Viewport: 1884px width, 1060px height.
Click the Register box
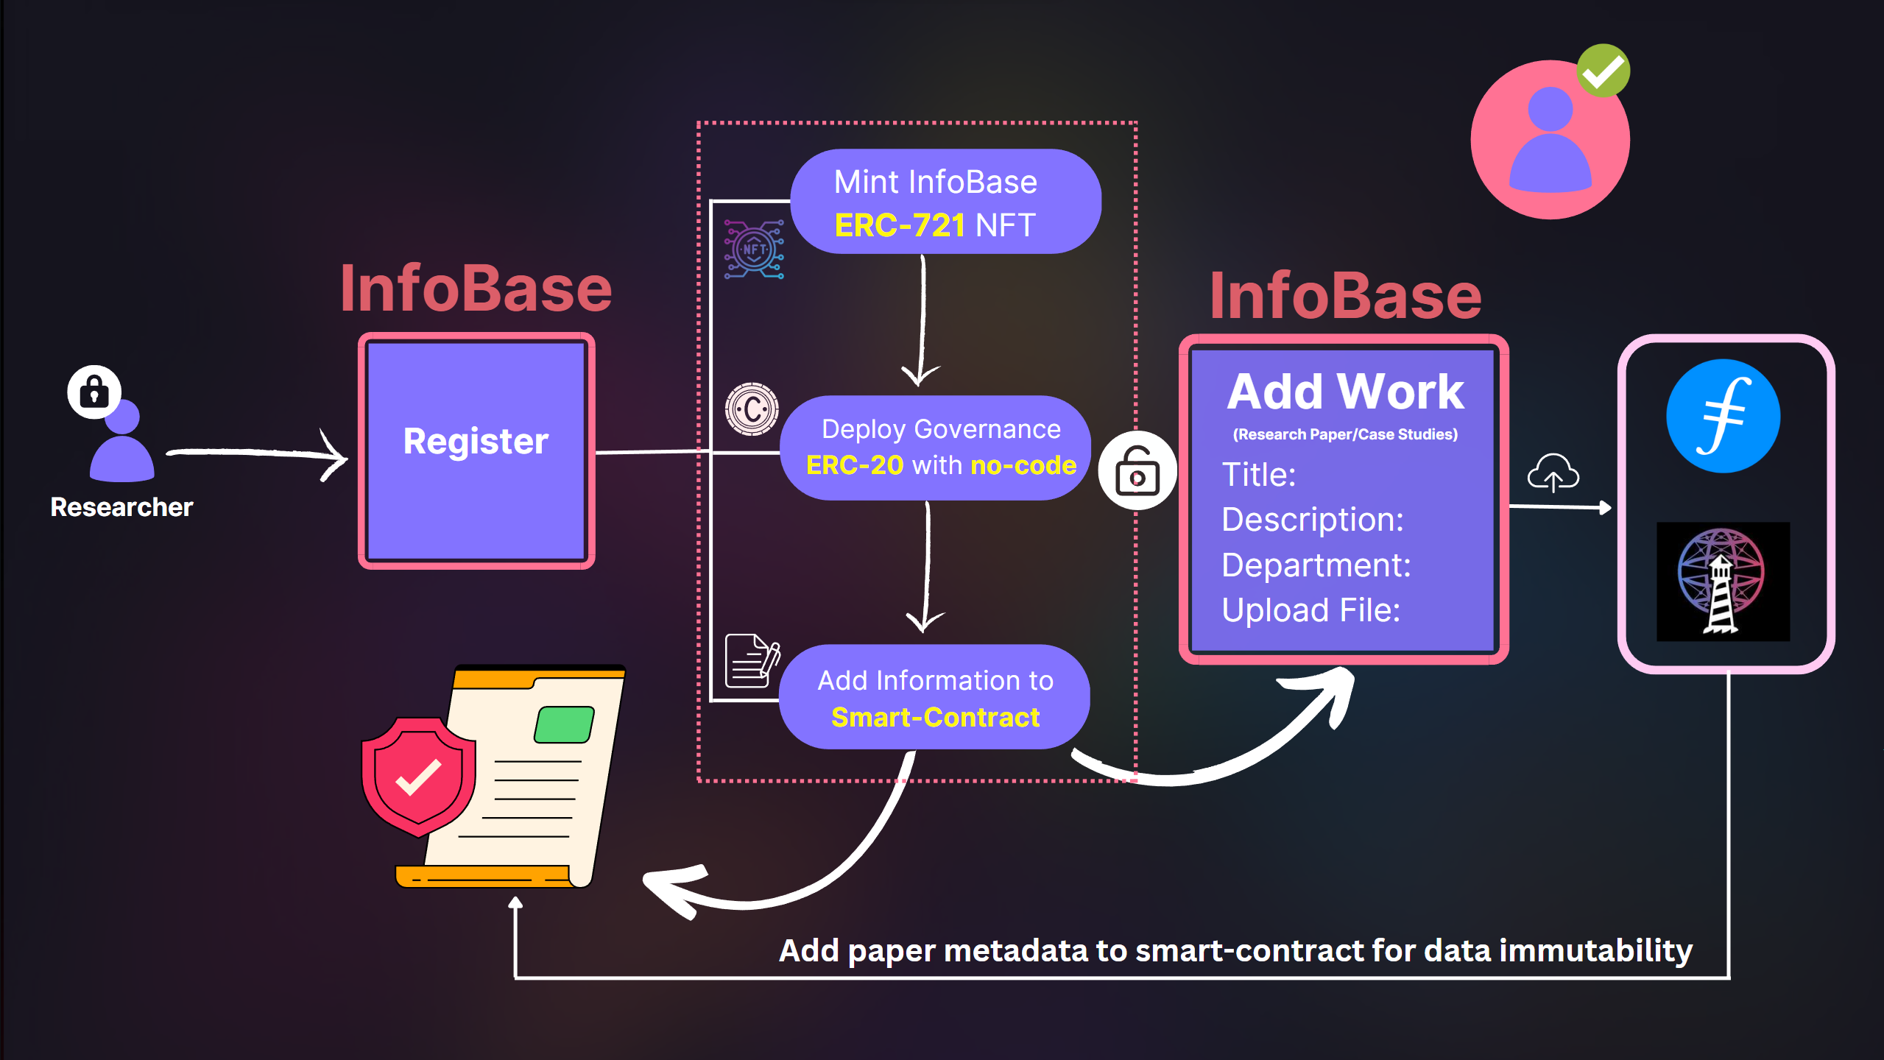click(x=476, y=451)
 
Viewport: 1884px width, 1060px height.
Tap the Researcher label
click(x=121, y=507)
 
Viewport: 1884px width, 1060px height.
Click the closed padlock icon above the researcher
click(x=94, y=392)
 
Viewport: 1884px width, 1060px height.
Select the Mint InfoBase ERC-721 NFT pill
click(x=945, y=202)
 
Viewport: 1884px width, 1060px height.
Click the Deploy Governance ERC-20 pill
click(x=935, y=448)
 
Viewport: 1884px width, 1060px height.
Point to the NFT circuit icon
click(x=753, y=249)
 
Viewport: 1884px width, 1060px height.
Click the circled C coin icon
click(x=752, y=409)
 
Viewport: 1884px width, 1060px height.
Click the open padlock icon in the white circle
click(x=1137, y=471)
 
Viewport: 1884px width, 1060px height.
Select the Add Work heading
click(x=1345, y=392)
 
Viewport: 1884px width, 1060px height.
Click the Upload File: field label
click(x=1310, y=610)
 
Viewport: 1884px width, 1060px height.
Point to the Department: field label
click(x=1316, y=565)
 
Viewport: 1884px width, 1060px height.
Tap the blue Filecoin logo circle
click(x=1723, y=417)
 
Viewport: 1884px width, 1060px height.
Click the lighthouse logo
click(x=1722, y=582)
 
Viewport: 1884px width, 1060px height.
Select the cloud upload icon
click(x=1553, y=473)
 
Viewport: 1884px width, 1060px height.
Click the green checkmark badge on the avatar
click(x=1603, y=71)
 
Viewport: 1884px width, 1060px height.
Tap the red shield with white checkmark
click(x=417, y=776)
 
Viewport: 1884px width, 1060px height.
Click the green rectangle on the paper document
click(x=564, y=724)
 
